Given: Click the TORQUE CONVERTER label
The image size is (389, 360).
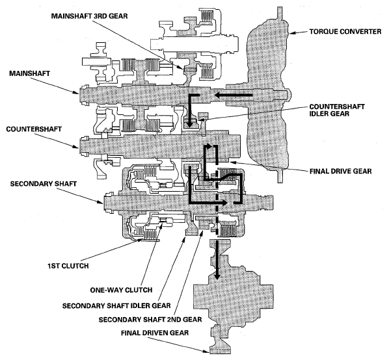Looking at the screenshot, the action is pos(345,31).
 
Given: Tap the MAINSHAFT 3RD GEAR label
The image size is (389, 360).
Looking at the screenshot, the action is pos(89,16).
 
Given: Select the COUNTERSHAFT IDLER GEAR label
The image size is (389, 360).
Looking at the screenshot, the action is pos(337,110).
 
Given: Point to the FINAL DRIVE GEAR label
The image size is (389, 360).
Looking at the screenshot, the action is pos(340,171).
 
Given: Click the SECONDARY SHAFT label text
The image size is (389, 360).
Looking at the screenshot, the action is pos(44,184).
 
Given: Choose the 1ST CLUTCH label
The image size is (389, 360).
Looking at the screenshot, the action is pos(68,266).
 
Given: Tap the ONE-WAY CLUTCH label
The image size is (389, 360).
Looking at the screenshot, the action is pos(121,290).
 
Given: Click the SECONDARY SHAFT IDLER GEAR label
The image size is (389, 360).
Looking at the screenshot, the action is pos(116,305).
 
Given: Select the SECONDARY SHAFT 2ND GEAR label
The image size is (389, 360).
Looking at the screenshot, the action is pos(150,319).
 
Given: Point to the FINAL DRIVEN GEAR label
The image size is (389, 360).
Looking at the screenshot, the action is pos(155,333).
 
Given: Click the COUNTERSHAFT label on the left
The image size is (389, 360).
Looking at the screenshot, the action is pos(34,129).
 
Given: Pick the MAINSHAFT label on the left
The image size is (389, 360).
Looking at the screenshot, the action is pos(29,73).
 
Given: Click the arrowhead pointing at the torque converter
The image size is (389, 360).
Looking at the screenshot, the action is pos(291,32).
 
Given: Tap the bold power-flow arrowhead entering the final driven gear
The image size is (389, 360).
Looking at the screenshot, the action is pos(217,276).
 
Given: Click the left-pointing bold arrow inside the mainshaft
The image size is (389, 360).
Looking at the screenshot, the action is pos(233,95).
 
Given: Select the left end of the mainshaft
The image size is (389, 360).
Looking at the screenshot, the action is pos(81,94).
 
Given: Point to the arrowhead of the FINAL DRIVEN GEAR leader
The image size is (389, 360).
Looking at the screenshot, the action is pos(206,351).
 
